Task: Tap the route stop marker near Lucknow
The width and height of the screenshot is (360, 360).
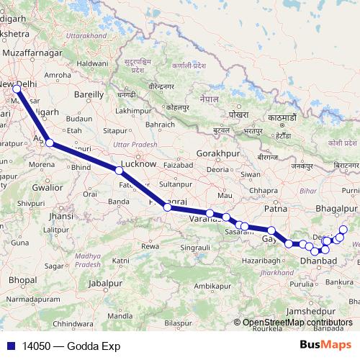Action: (x=119, y=171)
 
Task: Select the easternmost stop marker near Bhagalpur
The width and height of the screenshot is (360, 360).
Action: (x=343, y=230)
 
